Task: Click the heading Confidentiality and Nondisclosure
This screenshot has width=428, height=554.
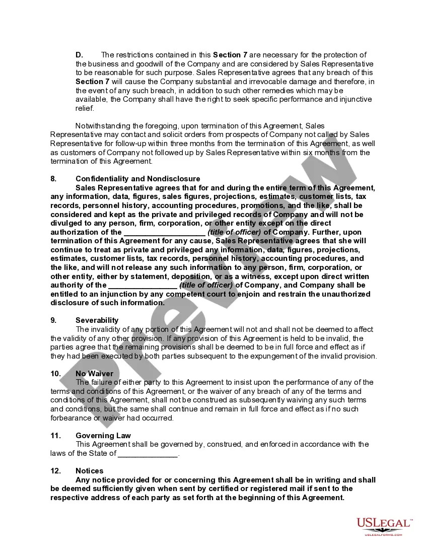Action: tap(137, 179)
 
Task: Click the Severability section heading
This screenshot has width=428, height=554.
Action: tap(97, 320)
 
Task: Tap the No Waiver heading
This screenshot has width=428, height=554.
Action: tap(94, 374)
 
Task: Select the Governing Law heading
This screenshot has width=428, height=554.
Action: tap(103, 436)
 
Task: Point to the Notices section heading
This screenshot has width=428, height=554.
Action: tap(90, 471)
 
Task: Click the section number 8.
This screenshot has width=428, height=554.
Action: tap(53, 179)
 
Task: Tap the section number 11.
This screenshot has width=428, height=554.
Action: tap(55, 436)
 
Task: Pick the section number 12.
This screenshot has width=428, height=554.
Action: tap(55, 471)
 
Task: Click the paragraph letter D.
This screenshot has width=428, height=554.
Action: tap(79, 55)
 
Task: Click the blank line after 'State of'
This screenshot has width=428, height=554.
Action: tap(148, 453)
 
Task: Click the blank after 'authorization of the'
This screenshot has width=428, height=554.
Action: tap(164, 232)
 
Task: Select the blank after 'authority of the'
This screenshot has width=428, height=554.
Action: tap(142, 285)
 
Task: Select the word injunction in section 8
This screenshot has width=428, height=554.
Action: tap(111, 294)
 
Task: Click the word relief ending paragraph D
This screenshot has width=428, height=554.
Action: tap(85, 108)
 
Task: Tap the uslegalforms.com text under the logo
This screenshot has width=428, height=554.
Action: tap(383, 535)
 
